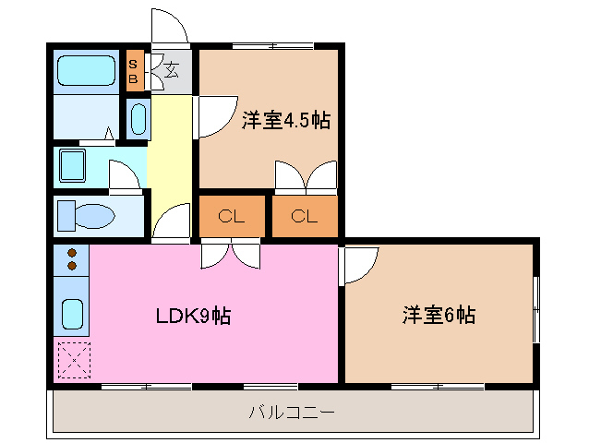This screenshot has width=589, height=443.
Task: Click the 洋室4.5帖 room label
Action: click(x=286, y=121)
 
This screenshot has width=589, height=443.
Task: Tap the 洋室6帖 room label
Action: click(x=439, y=316)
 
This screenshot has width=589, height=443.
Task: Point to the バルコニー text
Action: click(x=291, y=412)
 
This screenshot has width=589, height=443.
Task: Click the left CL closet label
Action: click(x=231, y=218)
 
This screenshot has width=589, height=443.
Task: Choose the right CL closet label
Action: click(x=304, y=218)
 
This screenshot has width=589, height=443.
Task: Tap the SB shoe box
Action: click(x=134, y=71)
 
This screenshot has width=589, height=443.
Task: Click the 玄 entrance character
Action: click(x=171, y=68)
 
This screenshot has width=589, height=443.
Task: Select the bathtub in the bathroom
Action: click(x=84, y=70)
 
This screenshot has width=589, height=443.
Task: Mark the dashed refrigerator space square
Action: click(x=71, y=360)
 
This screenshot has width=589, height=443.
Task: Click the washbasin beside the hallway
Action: click(x=138, y=118)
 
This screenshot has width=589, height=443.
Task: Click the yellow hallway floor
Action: click(x=170, y=157)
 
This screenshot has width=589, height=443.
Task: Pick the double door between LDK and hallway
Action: click(x=231, y=254)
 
